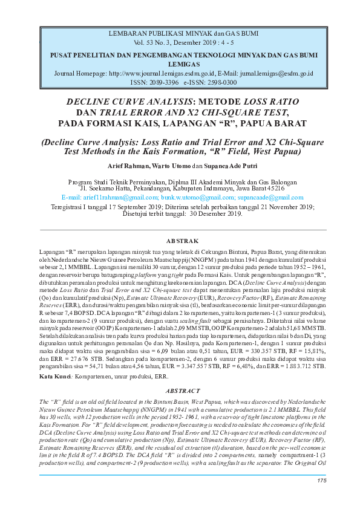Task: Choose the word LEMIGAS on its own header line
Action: [x=180, y=63]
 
